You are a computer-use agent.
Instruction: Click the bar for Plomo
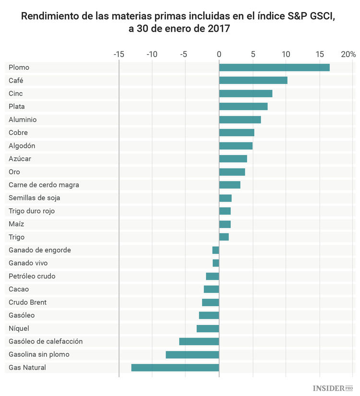click(274, 67)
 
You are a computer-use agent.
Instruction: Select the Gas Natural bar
click(175, 368)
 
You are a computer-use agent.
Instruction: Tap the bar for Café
click(253, 80)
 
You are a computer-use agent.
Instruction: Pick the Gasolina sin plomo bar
click(192, 355)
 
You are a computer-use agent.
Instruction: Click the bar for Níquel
click(208, 328)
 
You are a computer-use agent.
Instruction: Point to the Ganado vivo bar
click(216, 263)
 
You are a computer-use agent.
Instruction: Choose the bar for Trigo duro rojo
click(225, 211)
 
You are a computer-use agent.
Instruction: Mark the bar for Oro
click(232, 172)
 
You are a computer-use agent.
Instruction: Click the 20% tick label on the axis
click(348, 54)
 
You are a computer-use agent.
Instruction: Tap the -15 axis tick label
click(118, 54)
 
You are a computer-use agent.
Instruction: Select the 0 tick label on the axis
click(219, 54)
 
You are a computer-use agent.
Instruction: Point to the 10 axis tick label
click(286, 54)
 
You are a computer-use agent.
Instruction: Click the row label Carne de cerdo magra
click(44, 185)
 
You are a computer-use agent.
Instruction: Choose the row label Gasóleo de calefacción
click(46, 341)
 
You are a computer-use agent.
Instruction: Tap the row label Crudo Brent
click(27, 302)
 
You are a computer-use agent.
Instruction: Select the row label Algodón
click(22, 145)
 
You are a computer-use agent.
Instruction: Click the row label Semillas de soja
click(34, 198)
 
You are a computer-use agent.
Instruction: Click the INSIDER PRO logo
click(333, 387)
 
